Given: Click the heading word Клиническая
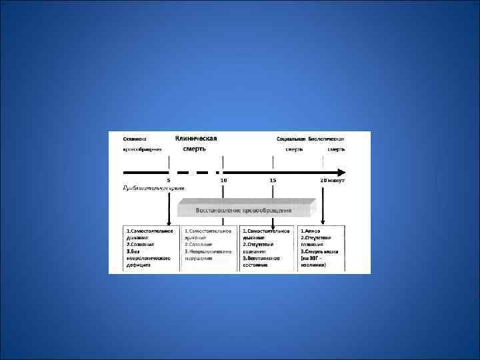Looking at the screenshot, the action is [x=196, y=138].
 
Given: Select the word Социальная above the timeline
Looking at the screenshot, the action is [x=291, y=139].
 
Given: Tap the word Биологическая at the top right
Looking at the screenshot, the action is [x=330, y=139].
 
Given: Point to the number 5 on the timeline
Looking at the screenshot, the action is [x=169, y=180].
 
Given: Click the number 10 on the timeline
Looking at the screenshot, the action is [x=223, y=180].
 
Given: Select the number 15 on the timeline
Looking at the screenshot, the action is [x=273, y=180].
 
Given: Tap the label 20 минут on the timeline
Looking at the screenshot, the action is [x=331, y=180].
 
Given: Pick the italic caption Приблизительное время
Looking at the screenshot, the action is [x=153, y=189].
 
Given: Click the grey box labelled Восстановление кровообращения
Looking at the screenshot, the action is [x=243, y=211].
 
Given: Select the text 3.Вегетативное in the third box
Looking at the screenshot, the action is [x=264, y=257].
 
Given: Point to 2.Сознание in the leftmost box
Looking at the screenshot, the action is [x=141, y=244].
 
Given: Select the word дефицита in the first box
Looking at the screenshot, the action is [x=140, y=264].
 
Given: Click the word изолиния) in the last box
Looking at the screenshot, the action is [x=315, y=264].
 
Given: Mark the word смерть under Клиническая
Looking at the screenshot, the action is [x=195, y=149].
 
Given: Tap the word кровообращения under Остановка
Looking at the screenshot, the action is [x=143, y=150].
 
